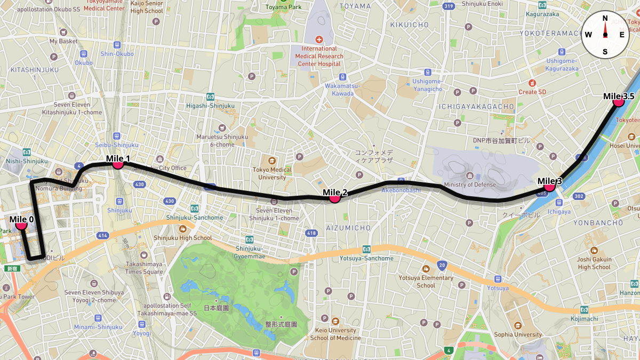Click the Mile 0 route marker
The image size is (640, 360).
pos(21,225)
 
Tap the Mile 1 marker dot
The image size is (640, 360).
pos(118,164)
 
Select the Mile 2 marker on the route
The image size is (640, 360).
pos(335,198)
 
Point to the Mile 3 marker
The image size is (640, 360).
pos(549,187)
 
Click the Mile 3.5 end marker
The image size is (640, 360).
pos(619,102)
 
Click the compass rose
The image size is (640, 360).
pos(605,35)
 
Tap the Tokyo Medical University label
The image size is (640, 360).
pos(272,173)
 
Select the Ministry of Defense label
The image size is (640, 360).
pos(469,185)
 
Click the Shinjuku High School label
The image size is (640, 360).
pos(182,238)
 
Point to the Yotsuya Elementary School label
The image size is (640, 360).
pos(426,282)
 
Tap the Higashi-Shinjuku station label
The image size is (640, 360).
pos(210,106)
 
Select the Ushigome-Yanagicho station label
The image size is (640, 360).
pos(427,85)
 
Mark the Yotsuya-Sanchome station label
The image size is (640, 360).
pos(366,258)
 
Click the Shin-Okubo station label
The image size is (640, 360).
pos(117,53)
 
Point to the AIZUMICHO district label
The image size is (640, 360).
pos(348,228)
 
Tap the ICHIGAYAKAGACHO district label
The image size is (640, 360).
pos(476,107)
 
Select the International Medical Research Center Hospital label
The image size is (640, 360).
pos(319,56)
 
